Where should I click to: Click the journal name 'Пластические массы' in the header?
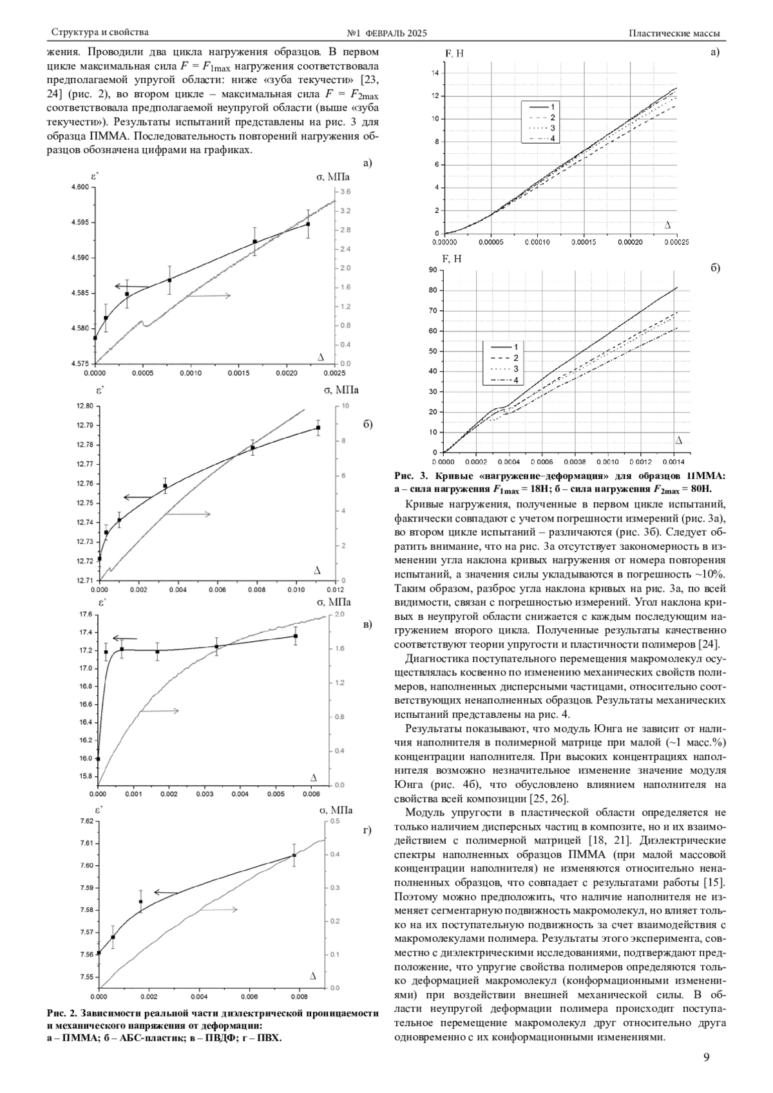coord(674,33)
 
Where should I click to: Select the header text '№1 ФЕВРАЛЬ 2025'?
coord(386,33)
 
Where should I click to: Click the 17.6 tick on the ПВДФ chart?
coord(85,615)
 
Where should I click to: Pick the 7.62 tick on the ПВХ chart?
coord(85,821)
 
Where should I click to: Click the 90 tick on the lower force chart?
coord(433,270)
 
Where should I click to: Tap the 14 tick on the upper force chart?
coord(435,73)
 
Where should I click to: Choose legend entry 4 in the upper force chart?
coord(552,140)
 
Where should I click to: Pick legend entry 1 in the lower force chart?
coord(516,347)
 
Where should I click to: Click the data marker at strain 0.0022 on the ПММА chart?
coord(308,224)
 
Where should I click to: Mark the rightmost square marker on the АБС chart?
coord(318,427)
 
